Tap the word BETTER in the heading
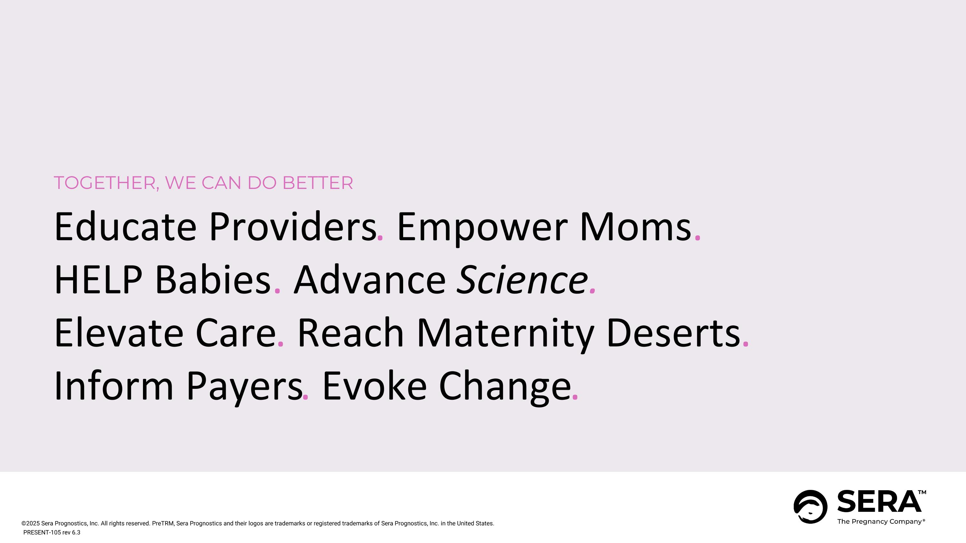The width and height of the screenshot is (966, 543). click(x=317, y=183)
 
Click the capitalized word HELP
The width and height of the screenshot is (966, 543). click(x=98, y=280)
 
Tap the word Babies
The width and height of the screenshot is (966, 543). click(x=212, y=280)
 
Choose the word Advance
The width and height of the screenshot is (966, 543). click(x=370, y=280)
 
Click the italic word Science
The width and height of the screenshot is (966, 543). click(x=522, y=280)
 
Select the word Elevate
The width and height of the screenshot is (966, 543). click(x=119, y=333)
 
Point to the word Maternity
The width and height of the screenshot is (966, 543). click(x=505, y=333)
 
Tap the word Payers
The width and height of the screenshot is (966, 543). click(x=244, y=386)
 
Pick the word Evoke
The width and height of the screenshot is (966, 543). click(x=374, y=386)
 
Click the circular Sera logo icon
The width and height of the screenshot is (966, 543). click(x=810, y=507)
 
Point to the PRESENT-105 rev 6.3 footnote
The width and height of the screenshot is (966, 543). click(x=52, y=532)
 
